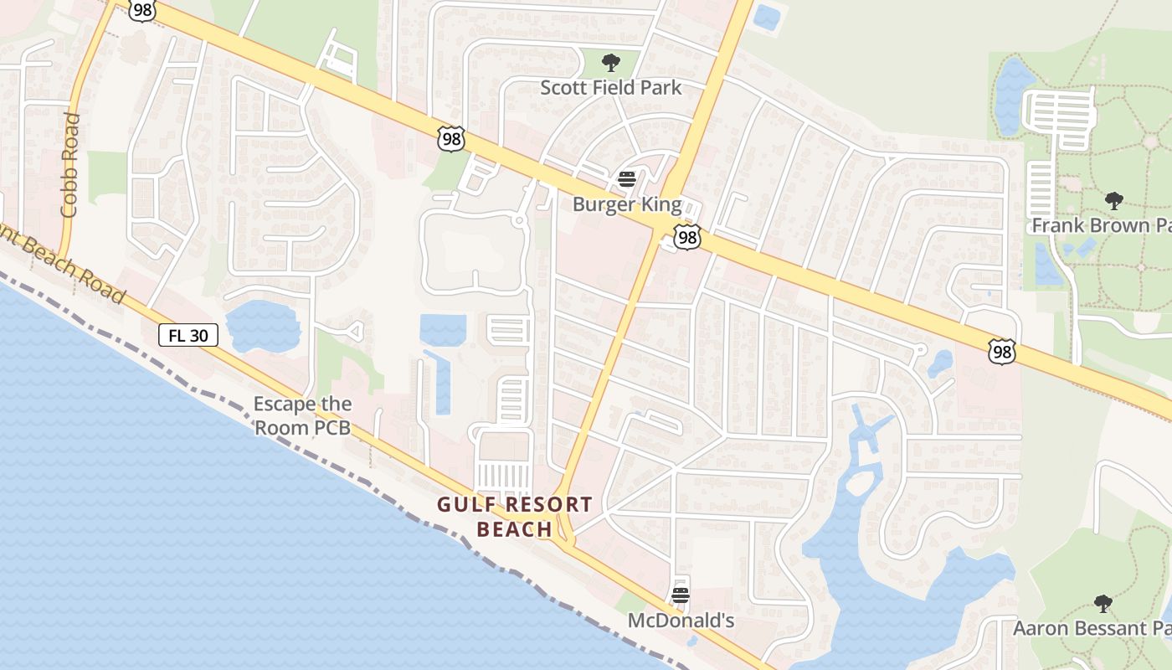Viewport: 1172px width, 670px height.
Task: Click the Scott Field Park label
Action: (x=610, y=87)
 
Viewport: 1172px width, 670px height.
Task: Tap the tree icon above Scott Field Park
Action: (x=611, y=62)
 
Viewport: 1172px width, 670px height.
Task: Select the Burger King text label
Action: (x=627, y=204)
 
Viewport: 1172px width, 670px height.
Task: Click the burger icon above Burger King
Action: (x=627, y=178)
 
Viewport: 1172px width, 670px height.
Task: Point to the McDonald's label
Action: (x=681, y=621)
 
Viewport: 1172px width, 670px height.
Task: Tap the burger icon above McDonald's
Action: (x=681, y=595)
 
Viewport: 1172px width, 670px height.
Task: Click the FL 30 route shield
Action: (x=188, y=336)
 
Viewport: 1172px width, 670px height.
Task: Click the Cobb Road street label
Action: (x=70, y=165)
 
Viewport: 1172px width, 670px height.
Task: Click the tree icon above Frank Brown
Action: (x=1113, y=200)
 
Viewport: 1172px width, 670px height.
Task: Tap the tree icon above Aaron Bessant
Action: (x=1103, y=603)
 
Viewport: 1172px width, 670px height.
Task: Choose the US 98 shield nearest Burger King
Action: (x=687, y=239)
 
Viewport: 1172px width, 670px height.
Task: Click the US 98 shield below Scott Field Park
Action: (x=451, y=139)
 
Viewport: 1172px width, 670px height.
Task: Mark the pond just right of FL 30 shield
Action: (x=263, y=326)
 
